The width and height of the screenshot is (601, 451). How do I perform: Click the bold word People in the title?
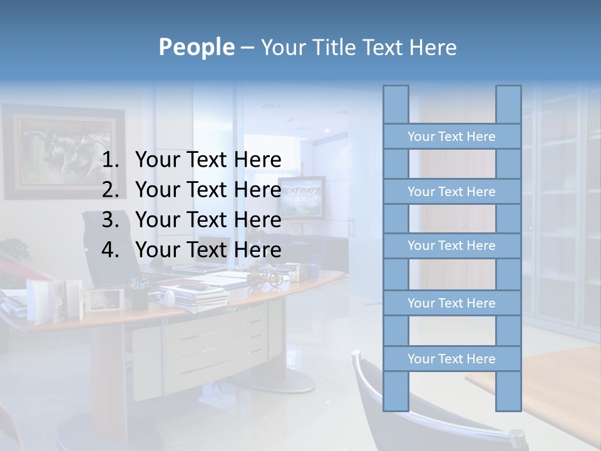click(197, 47)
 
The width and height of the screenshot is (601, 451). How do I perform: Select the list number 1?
click(111, 160)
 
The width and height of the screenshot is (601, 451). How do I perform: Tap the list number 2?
click(111, 190)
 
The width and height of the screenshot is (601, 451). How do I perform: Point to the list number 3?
click(111, 220)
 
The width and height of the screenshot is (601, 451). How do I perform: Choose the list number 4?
click(111, 250)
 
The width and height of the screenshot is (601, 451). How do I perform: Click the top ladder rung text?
click(451, 137)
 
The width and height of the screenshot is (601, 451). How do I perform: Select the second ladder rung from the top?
click(451, 192)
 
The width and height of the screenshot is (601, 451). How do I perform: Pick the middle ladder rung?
click(451, 246)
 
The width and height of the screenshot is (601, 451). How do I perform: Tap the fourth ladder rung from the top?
click(451, 303)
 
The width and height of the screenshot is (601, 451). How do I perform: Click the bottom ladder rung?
click(451, 359)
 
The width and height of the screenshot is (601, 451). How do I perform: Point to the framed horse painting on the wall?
click(63, 150)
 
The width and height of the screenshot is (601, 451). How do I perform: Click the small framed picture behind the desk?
click(302, 197)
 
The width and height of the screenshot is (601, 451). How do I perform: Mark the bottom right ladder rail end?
click(508, 406)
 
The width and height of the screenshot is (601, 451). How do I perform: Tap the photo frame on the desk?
click(103, 299)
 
